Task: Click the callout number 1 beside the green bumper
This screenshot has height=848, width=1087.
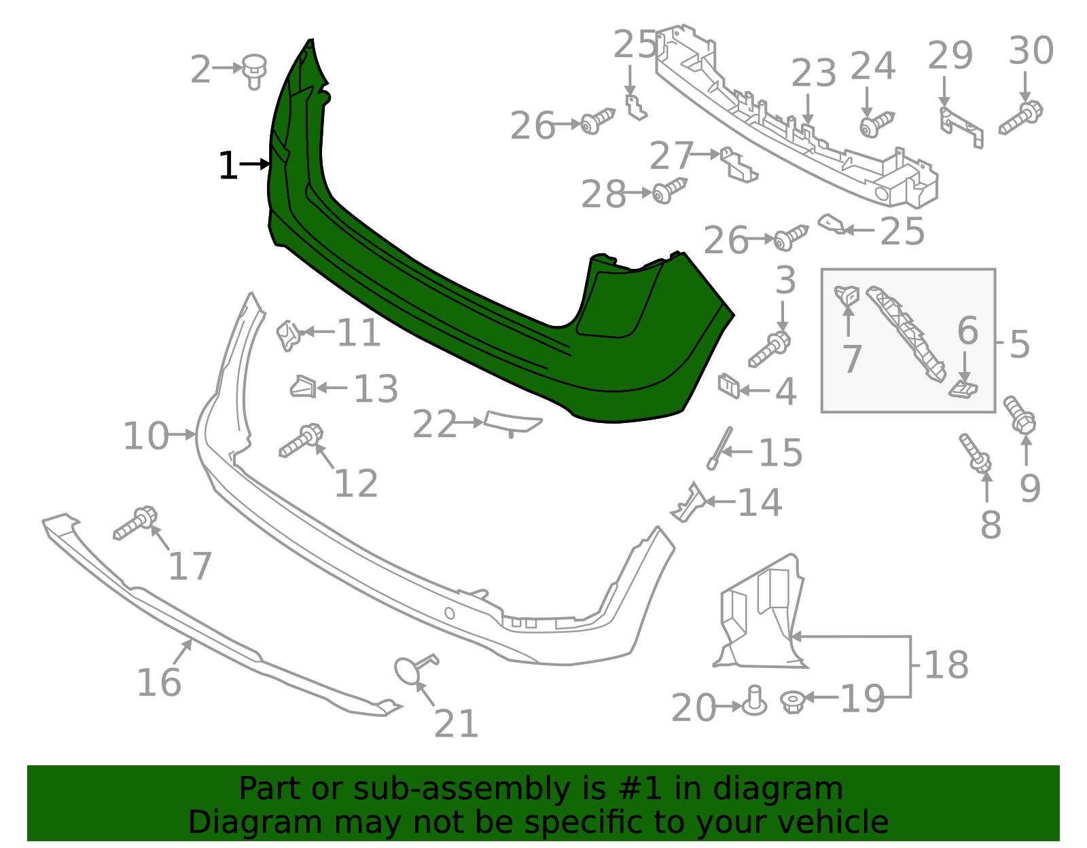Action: tap(228, 166)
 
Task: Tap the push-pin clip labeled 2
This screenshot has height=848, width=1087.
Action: tap(255, 71)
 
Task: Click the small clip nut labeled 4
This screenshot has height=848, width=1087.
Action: tap(729, 386)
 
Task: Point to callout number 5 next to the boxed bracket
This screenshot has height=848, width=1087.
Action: tap(1019, 345)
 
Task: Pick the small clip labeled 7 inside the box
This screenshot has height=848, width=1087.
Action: tap(847, 295)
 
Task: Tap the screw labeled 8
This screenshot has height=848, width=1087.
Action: tap(975, 453)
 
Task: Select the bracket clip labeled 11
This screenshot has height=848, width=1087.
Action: tap(288, 335)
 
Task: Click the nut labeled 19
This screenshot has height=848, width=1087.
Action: tap(791, 701)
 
